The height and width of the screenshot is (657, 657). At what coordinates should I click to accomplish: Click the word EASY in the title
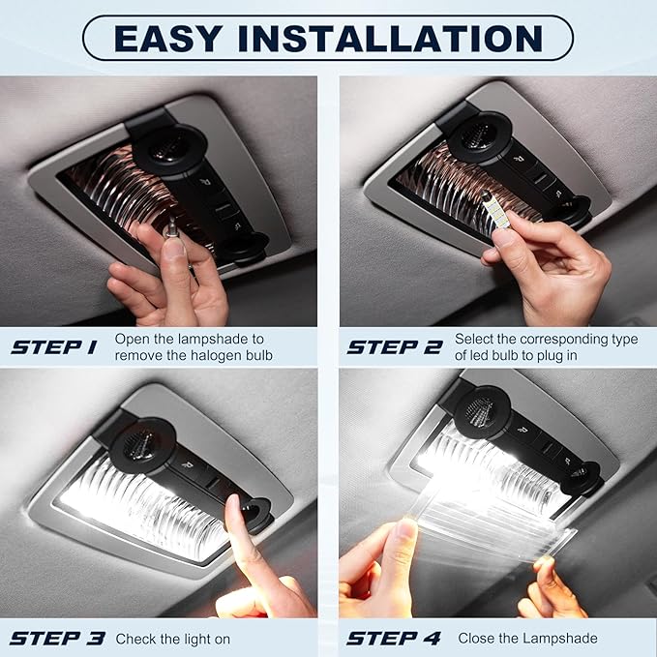click(168, 39)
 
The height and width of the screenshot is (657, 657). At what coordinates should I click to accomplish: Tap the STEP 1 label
click(54, 347)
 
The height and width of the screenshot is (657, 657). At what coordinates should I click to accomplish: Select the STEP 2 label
click(395, 347)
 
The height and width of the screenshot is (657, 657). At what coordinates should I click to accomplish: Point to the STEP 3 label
click(57, 639)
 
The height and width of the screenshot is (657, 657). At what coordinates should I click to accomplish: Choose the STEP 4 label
click(394, 639)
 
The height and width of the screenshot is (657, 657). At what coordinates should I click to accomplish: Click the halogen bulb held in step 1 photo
click(171, 229)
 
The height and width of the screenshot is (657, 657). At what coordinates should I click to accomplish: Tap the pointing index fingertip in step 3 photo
click(233, 504)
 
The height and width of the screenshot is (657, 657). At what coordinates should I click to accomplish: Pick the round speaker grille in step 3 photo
click(141, 442)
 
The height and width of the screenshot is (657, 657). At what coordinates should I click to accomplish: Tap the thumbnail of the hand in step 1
click(174, 248)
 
